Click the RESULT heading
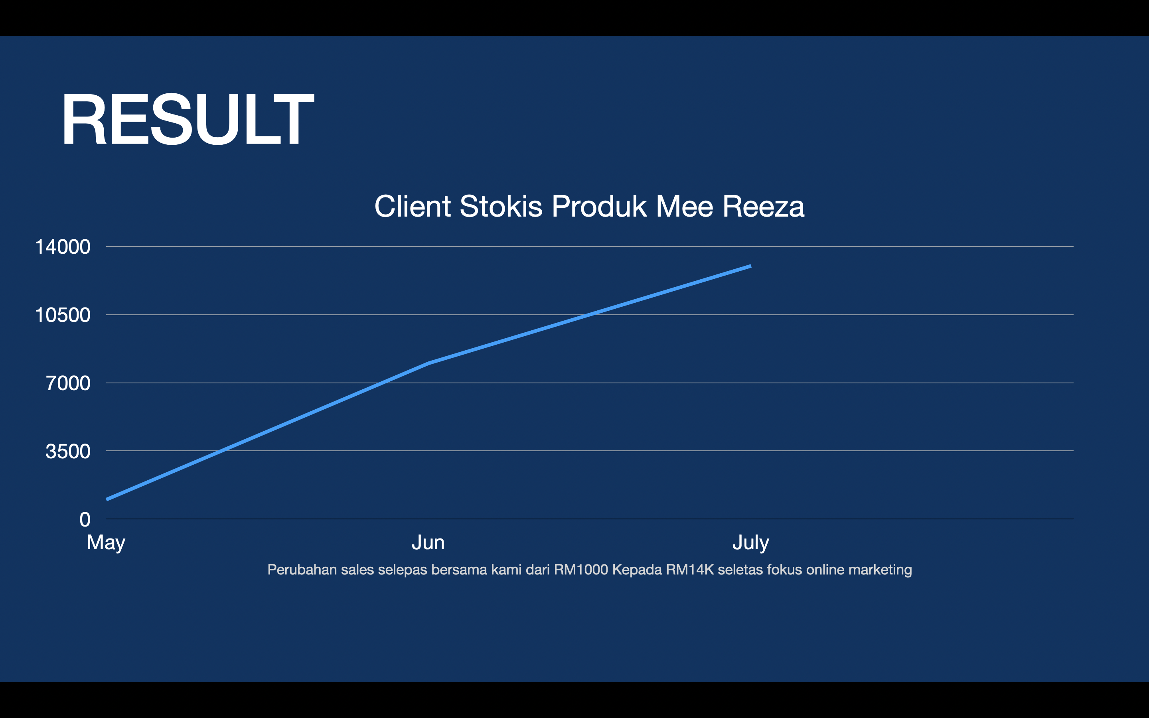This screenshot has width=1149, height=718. point(188,119)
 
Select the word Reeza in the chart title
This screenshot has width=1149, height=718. point(764,207)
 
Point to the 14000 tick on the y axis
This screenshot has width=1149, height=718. point(63,247)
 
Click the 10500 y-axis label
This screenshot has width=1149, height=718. point(63,315)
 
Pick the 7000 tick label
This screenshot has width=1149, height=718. point(68,383)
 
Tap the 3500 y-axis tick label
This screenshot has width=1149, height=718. point(68,451)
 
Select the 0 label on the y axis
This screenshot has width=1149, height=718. point(85,519)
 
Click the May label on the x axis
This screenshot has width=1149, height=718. point(106,543)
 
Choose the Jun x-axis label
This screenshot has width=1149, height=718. point(428,543)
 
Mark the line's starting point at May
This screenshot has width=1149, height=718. point(107,499)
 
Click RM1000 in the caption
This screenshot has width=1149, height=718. point(580,570)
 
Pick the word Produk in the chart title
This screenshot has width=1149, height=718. point(599,207)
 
